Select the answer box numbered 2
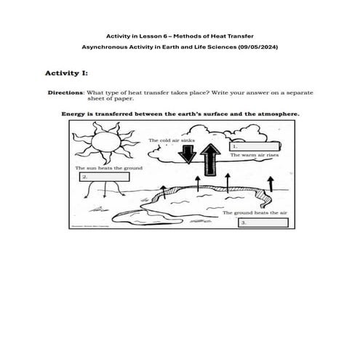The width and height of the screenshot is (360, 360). pos(105,177)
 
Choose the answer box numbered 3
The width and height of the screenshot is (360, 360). pos(261,222)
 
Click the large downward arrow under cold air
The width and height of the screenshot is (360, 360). pos(189,154)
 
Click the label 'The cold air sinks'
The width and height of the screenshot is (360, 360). pos(172,139)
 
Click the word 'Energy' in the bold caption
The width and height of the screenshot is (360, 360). pos(73,114)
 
